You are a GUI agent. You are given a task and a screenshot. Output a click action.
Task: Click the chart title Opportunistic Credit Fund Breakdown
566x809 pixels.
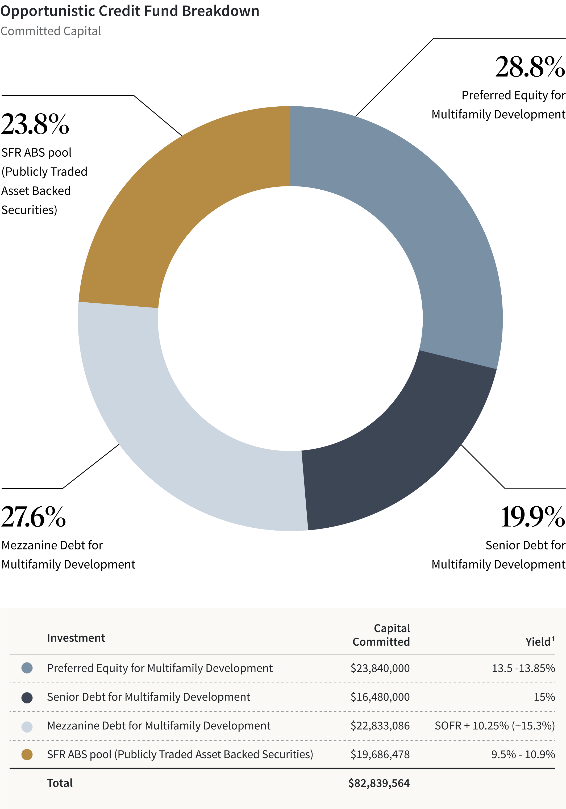130,11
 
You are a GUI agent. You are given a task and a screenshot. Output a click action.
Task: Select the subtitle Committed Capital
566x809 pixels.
51,31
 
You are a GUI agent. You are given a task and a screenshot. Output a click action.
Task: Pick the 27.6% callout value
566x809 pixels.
34,517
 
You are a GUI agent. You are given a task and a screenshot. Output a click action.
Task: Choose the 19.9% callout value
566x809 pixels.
532,517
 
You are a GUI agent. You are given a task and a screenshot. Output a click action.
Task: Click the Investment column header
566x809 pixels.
76,638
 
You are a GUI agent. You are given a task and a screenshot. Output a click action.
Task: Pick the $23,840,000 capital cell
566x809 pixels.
380,668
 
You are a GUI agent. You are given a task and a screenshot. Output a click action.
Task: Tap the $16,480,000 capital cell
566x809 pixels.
380,697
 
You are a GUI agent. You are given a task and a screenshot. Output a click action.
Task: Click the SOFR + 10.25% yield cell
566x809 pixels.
494,725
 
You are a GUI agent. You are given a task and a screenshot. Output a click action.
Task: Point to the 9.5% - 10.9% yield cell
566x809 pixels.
523,754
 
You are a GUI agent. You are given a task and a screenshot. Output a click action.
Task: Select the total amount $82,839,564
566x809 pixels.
379,783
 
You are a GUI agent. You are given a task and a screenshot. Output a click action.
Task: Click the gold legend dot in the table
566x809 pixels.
27,754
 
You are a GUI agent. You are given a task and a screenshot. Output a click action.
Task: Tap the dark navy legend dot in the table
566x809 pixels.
27,697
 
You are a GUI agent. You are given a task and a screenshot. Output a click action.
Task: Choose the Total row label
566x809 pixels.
60,783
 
